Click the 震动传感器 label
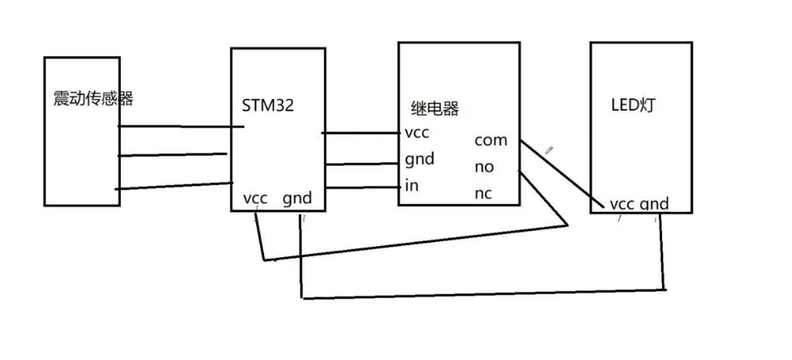point(93,99)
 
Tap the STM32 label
point(267,106)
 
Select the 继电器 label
point(435,108)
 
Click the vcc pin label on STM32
point(255,198)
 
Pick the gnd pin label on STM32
point(297,198)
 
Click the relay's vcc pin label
point(417,132)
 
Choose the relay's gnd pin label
point(419,160)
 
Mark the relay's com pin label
point(491,140)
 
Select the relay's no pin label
point(484,167)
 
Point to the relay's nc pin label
point(484,193)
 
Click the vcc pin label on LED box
point(621,204)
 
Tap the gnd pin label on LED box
point(654,204)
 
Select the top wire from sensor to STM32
point(181,126)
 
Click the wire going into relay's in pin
point(361,187)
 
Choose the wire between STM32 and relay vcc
point(360,133)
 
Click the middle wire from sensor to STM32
point(173,154)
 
